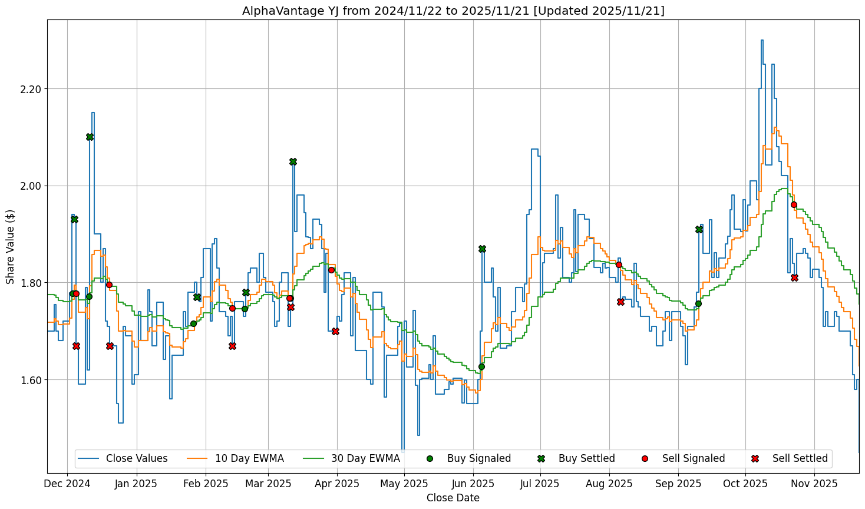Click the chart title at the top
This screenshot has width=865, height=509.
point(453,11)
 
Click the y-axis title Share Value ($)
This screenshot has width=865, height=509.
point(10,246)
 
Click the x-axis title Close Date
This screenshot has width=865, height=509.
point(453,498)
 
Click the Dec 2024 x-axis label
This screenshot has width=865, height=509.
point(67,484)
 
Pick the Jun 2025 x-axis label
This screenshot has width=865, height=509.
point(473,484)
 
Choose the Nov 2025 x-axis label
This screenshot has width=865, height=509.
point(814,484)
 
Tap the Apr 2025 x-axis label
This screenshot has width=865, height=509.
point(337,484)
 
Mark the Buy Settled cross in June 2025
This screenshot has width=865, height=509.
point(482,249)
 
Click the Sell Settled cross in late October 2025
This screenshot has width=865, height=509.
point(794,277)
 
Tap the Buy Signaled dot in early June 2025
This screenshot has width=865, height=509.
point(481,366)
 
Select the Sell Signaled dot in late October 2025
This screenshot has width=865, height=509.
point(794,204)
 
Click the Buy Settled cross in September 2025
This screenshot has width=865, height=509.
point(699,229)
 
